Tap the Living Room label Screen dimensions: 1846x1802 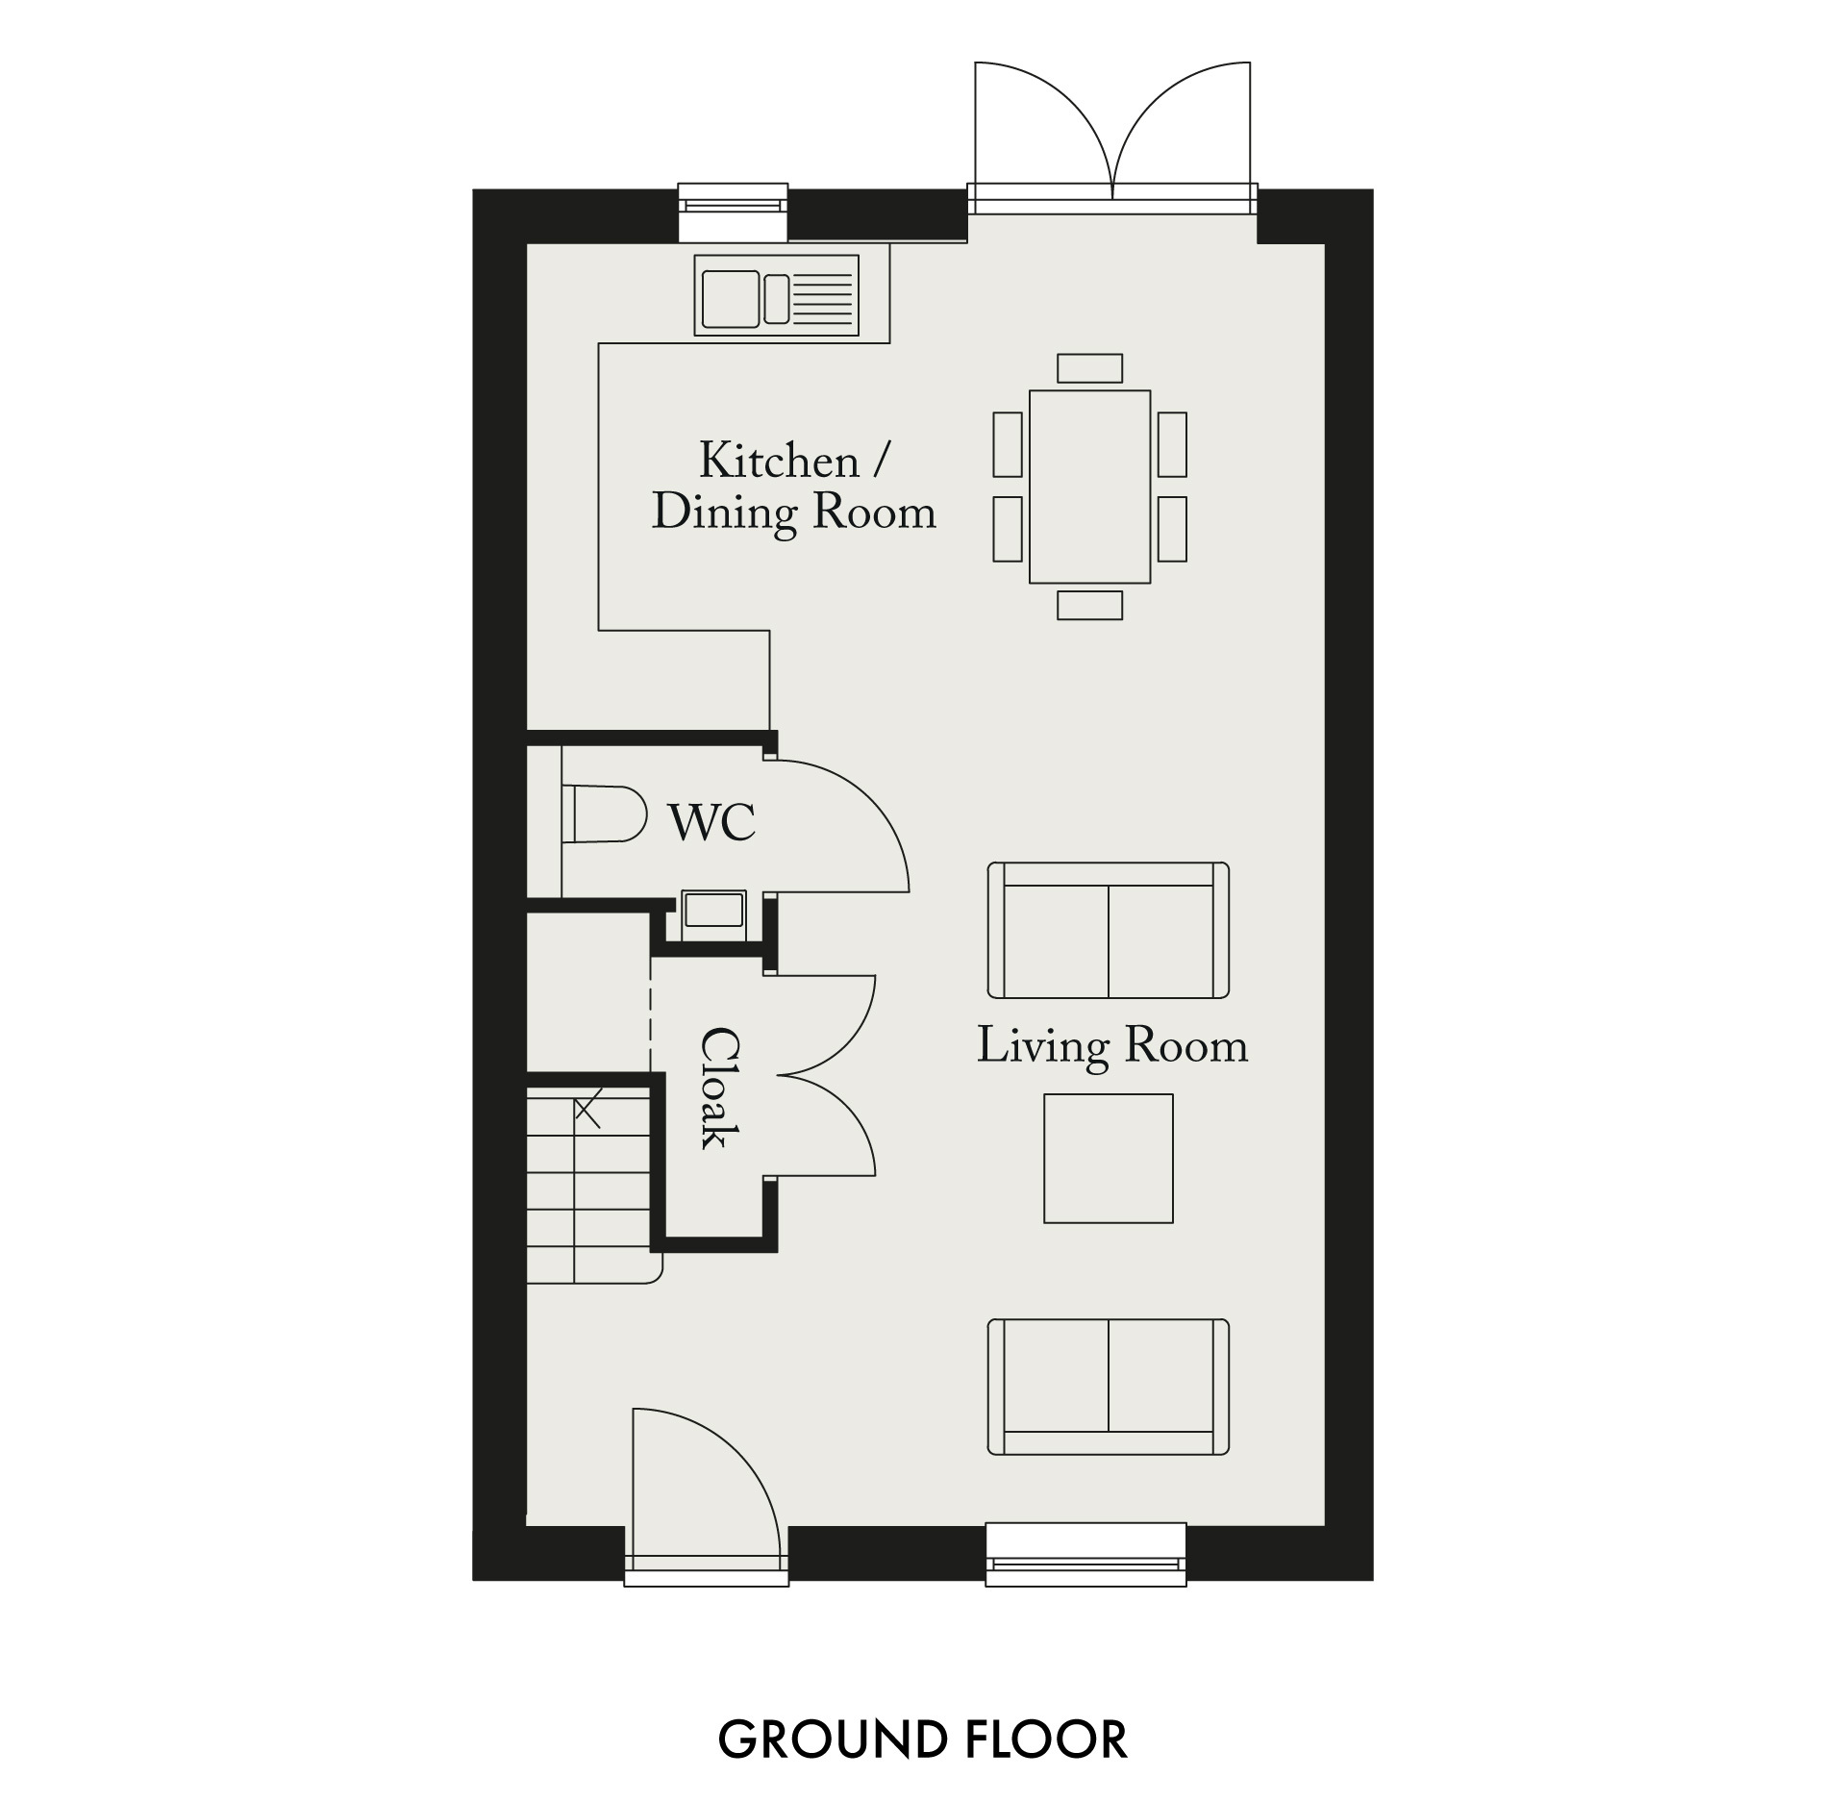[x=1112, y=1046]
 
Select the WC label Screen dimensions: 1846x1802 [x=712, y=822]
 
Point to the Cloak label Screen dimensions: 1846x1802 [x=720, y=1088]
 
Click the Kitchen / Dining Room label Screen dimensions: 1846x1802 [x=794, y=487]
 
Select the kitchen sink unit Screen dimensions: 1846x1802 [x=777, y=295]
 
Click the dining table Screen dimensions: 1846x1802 [x=1089, y=487]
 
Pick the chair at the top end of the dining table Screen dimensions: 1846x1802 [x=1089, y=368]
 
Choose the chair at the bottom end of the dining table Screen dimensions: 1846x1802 [x=1089, y=605]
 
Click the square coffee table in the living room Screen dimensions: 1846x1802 [x=1109, y=1159]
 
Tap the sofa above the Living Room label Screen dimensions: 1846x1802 [x=1109, y=930]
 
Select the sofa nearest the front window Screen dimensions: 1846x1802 [x=1109, y=1387]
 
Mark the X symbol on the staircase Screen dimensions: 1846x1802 [x=588, y=1110]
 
